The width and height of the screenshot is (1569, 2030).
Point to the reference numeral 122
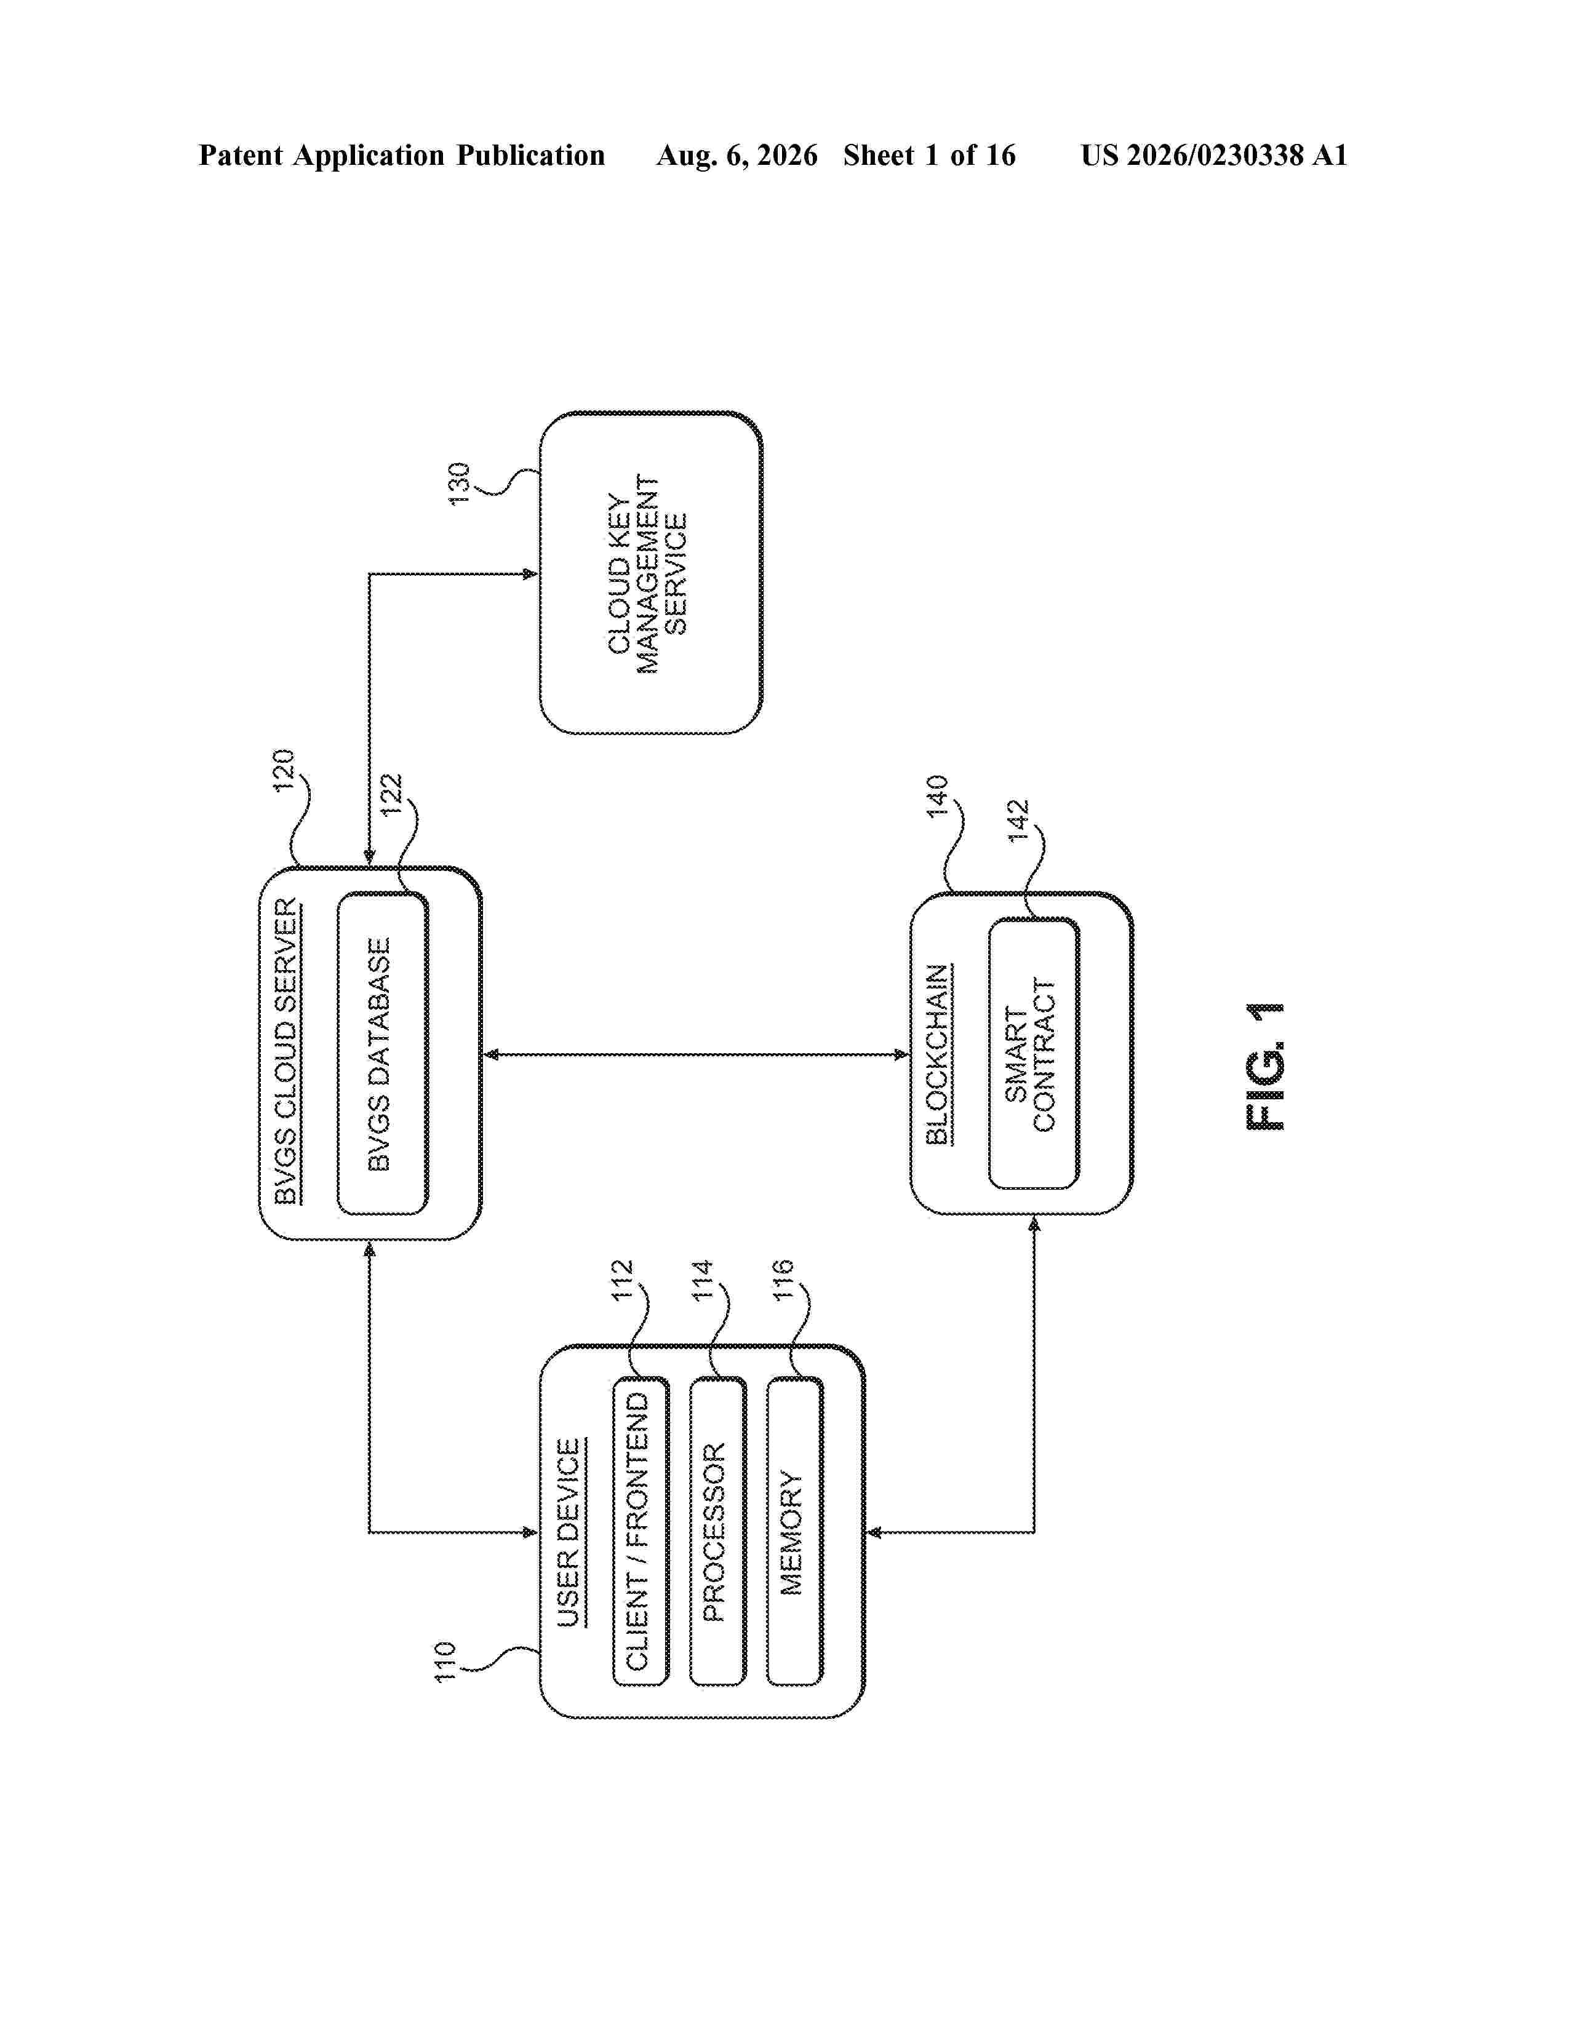(x=391, y=795)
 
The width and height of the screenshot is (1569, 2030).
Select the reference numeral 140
(x=937, y=795)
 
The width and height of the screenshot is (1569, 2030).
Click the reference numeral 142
(x=1019, y=821)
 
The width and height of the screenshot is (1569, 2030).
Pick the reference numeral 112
(x=622, y=1280)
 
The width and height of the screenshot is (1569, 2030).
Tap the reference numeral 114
(x=702, y=1280)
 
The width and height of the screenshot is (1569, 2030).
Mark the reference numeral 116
(x=783, y=1280)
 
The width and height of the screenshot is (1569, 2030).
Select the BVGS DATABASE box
(x=382, y=1053)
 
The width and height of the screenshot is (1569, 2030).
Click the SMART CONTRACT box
(x=1034, y=1053)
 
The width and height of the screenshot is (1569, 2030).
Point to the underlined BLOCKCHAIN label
(x=938, y=1054)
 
